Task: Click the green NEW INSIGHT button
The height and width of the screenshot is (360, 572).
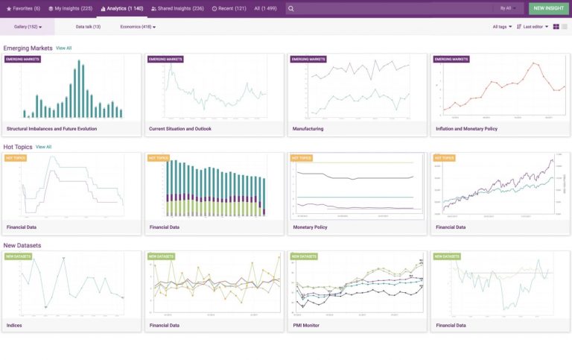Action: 549,8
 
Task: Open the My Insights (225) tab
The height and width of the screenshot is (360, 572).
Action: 70,8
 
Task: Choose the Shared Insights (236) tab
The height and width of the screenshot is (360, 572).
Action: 177,8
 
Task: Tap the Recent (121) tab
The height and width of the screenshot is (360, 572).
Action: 229,8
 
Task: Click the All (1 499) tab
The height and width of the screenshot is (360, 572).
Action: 266,8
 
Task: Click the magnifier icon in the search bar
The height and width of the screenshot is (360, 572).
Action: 291,8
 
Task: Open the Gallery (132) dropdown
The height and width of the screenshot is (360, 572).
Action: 28,27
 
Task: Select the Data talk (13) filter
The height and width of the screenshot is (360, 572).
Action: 88,27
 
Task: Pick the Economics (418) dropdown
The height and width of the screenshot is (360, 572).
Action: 138,27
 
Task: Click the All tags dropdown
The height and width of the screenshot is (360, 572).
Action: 502,27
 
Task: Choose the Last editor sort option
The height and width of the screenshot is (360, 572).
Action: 533,27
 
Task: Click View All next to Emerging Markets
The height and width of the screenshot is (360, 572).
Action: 64,48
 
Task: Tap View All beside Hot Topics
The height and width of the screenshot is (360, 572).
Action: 44,147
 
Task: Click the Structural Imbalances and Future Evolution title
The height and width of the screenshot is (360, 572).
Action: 51,128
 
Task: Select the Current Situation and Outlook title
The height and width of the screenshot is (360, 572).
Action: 180,128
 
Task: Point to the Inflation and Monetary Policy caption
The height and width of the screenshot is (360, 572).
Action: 466,128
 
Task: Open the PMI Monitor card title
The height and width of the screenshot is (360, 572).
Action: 306,325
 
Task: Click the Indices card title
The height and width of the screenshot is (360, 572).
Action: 14,325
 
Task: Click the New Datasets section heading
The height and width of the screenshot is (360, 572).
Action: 22,245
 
